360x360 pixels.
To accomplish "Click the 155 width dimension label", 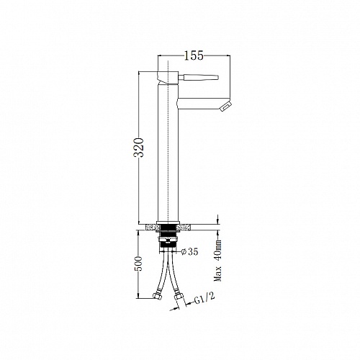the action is click(194, 55).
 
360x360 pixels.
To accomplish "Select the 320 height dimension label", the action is click(139, 148).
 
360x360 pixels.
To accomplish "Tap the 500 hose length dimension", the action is click(138, 264).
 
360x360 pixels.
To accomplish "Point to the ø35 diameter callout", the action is click(190, 251).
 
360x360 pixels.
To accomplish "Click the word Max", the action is click(218, 274).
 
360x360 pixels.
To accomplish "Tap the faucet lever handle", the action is click(198, 77).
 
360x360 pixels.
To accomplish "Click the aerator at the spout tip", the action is click(226, 107).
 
